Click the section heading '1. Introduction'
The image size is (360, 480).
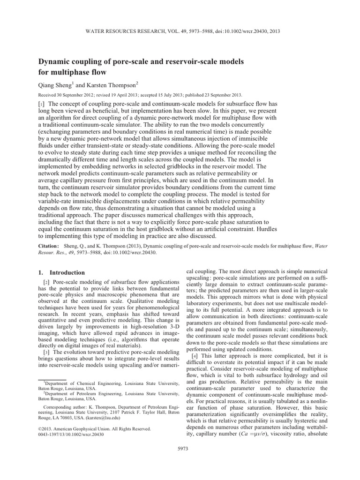61,272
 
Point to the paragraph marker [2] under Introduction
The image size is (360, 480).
46,281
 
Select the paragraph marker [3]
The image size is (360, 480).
46,351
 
